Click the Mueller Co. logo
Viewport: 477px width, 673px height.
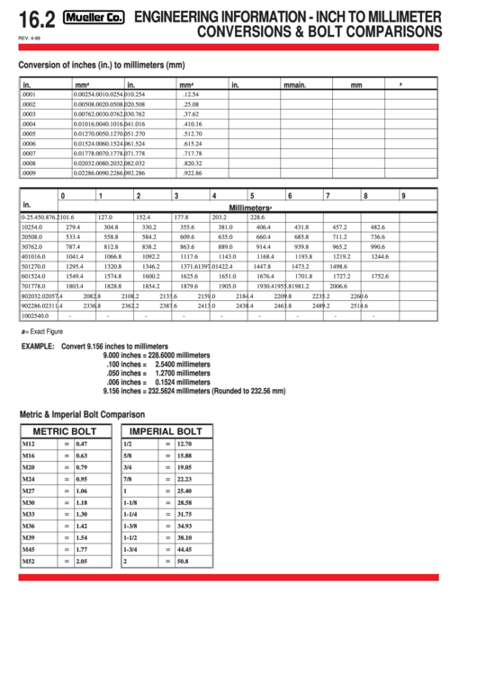click(95, 17)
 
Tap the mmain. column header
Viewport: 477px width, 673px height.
click(295, 84)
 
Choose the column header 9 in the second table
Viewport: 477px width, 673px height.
click(404, 195)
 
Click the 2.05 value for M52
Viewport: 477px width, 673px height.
click(82, 561)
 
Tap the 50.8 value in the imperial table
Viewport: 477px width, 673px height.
click(184, 561)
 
